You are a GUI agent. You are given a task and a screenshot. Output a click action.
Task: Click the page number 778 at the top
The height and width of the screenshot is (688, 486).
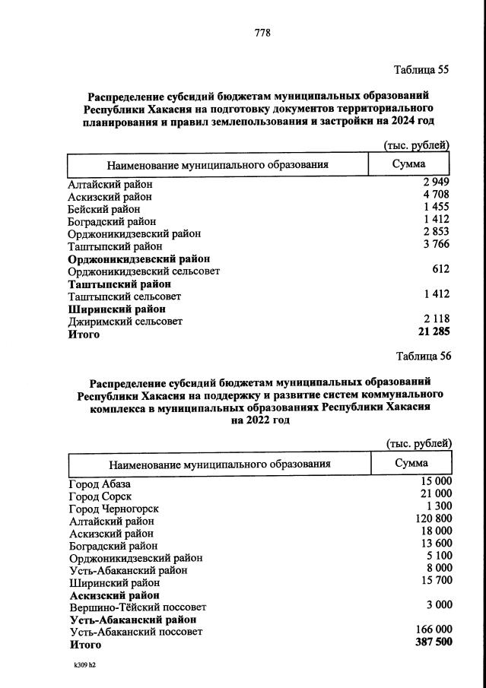pyautogui.click(x=262, y=33)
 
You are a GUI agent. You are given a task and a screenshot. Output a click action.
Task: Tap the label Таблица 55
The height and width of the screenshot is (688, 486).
pyautogui.click(x=421, y=71)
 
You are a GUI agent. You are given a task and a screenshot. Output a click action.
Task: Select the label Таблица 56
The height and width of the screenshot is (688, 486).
pyautogui.click(x=424, y=356)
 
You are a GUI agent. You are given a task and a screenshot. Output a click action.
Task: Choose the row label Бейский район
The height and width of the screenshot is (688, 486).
pyautogui.click(x=104, y=209)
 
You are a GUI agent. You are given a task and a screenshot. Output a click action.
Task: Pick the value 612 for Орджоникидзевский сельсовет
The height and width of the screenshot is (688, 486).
pyautogui.click(x=440, y=270)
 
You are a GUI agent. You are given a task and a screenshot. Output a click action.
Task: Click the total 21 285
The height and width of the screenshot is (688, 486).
pyautogui.click(x=434, y=334)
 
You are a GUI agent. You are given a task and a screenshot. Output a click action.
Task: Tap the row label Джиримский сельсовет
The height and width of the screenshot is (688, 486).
pyautogui.click(x=125, y=322)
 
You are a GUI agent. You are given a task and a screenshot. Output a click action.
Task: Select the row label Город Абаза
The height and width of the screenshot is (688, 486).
pyautogui.click(x=100, y=484)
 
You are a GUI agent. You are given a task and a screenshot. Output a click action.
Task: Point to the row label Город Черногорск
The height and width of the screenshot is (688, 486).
pyautogui.click(x=114, y=509)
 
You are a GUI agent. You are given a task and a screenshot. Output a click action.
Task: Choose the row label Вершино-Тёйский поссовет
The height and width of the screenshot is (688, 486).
pyautogui.click(x=138, y=607)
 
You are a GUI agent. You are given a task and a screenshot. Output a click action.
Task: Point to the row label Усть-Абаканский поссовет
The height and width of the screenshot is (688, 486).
pyautogui.click(x=136, y=632)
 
